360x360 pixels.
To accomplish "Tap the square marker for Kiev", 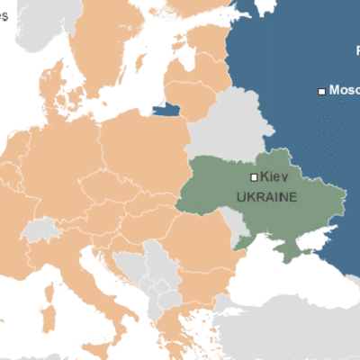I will click(x=254, y=177).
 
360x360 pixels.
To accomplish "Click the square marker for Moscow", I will click(x=321, y=90).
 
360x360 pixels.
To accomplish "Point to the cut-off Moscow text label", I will click(x=345, y=90).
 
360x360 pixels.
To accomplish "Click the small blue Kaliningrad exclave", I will click(x=166, y=110).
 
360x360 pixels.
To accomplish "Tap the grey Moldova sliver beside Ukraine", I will click(x=236, y=225).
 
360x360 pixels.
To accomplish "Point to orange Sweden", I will click(x=108, y=45).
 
